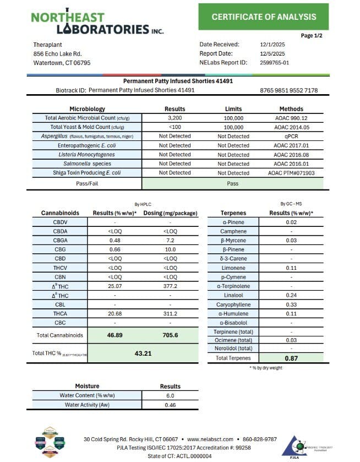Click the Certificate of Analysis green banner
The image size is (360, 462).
pyautogui.click(x=264, y=17)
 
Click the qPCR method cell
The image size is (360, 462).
pyautogui.click(x=291, y=136)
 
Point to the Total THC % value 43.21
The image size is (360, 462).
pyautogui.click(x=143, y=353)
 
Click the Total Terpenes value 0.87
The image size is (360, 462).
pyautogui.click(x=291, y=358)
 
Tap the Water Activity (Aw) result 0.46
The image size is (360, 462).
pyautogui.click(x=170, y=405)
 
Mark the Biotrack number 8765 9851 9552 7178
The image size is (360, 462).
pyautogui.click(x=288, y=90)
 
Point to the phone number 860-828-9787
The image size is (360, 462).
pyautogui.click(x=258, y=439)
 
